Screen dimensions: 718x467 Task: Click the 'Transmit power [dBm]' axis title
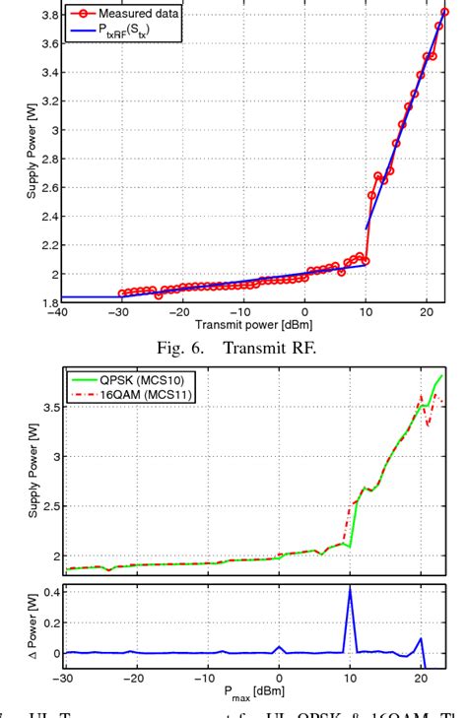[x=248, y=323]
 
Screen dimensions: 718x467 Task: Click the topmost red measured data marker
[x=444, y=13]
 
